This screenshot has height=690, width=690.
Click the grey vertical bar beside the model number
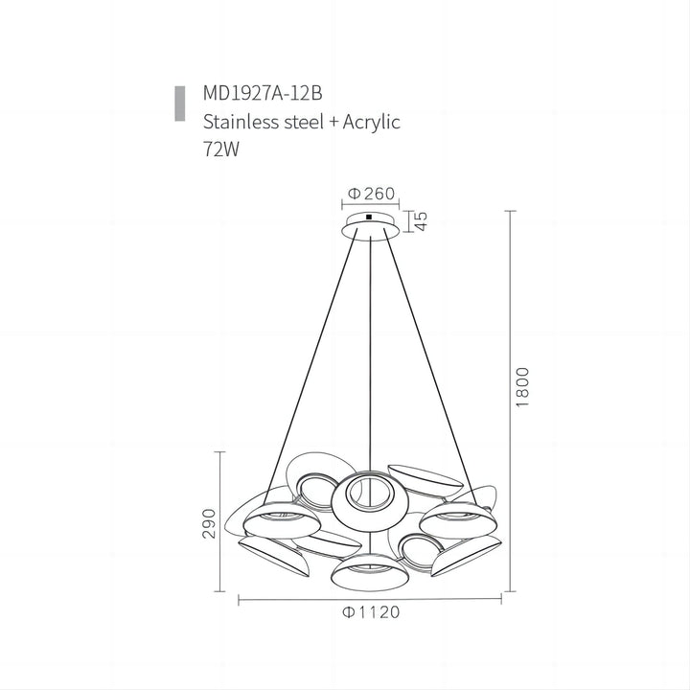click(179, 103)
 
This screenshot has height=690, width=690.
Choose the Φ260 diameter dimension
click(372, 195)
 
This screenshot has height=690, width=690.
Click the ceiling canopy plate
click(370, 226)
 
